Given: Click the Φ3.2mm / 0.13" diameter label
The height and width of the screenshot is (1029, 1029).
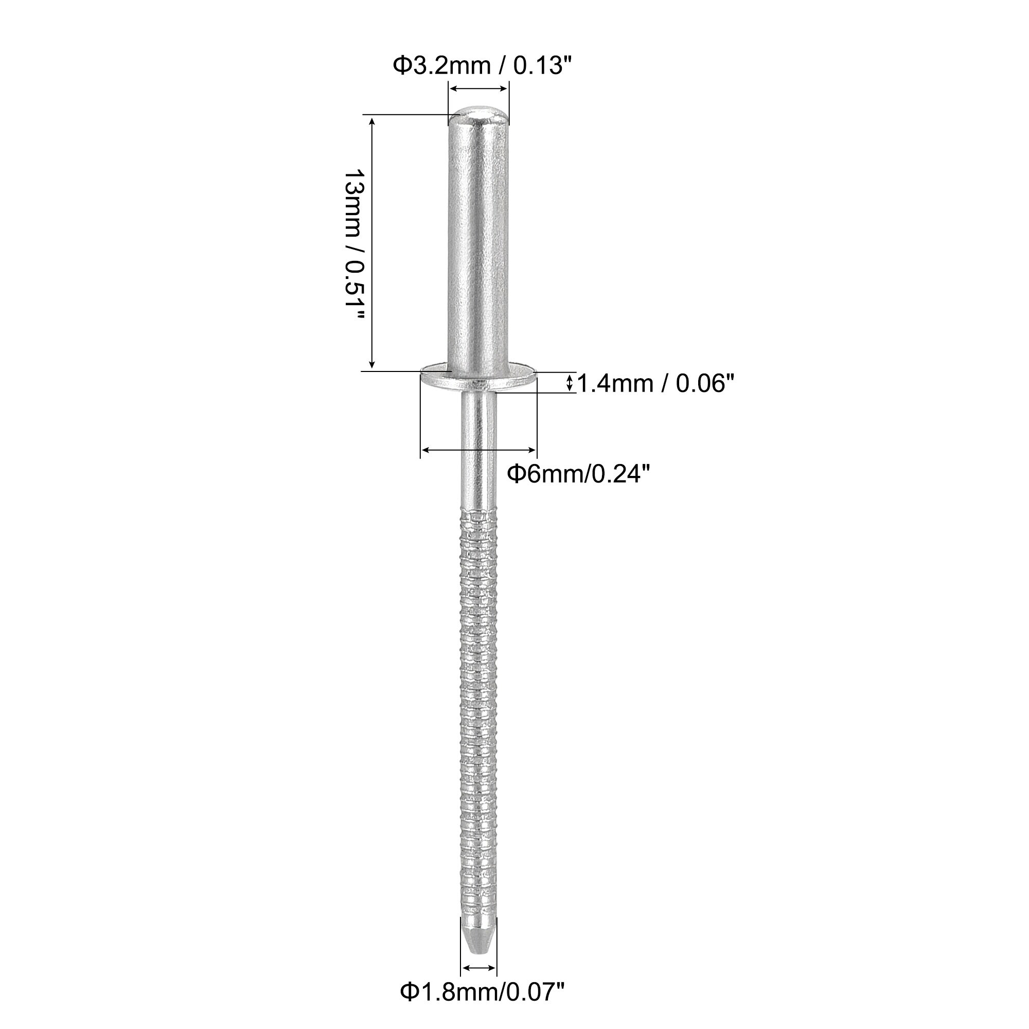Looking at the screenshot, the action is [478, 66].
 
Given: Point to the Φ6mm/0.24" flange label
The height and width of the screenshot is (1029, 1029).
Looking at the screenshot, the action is [578, 473].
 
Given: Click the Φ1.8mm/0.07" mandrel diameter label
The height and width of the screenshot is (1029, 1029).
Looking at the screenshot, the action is [482, 992].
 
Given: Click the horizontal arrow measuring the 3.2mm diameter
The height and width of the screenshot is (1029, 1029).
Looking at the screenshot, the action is [479, 88].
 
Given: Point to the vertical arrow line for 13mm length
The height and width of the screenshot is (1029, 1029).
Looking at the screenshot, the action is [372, 243].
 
